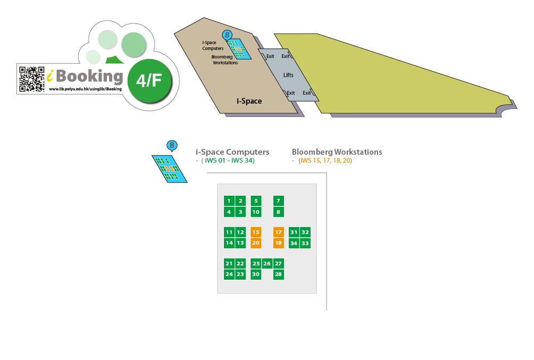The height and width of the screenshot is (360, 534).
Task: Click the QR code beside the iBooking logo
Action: [32, 79]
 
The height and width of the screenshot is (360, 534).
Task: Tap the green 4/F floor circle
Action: [149, 81]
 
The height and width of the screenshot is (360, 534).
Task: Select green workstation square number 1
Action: [229, 201]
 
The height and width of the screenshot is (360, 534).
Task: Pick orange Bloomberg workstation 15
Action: [256, 232]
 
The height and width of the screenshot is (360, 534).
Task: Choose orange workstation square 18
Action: [278, 243]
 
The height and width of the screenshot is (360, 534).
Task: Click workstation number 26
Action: [267, 264]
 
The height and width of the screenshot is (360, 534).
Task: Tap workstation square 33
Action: [305, 243]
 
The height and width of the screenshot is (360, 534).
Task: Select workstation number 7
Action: [278, 201]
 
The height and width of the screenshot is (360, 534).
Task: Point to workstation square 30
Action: [256, 274]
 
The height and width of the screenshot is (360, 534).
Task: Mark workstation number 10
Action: [256, 212]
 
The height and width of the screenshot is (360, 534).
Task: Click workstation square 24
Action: [229, 274]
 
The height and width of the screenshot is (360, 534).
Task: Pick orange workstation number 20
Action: [256, 243]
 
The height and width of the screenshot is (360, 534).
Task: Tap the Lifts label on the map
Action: [288, 76]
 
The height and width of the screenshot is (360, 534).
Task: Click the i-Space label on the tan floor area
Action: [249, 101]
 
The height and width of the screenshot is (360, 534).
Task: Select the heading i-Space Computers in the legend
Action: [232, 152]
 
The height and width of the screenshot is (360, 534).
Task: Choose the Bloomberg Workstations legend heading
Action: [337, 152]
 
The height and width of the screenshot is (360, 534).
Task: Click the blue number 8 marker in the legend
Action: [172, 145]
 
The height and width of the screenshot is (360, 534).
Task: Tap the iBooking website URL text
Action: [85, 89]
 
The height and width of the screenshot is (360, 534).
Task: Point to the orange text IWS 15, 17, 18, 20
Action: [325, 161]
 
